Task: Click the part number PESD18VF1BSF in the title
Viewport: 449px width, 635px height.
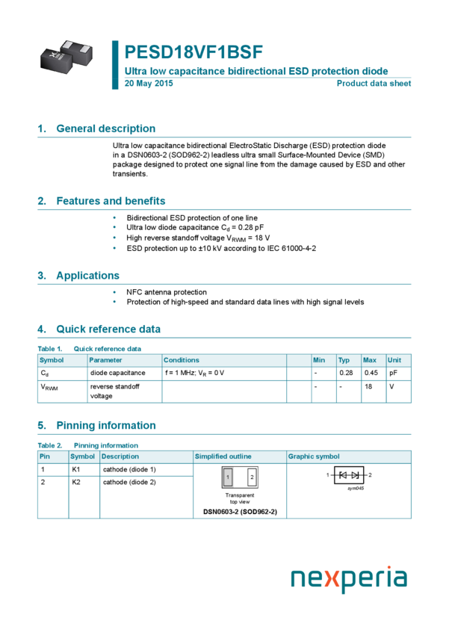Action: pyautogui.click(x=193, y=52)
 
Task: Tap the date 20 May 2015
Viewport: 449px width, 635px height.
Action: pyautogui.click(x=149, y=84)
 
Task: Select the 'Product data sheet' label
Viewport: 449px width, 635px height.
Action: pyautogui.click(x=374, y=84)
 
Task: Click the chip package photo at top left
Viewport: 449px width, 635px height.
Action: pyautogui.click(x=66, y=57)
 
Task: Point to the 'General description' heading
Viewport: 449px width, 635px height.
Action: pyautogui.click(x=105, y=128)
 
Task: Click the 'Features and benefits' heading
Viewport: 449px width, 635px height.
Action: pyautogui.click(x=111, y=201)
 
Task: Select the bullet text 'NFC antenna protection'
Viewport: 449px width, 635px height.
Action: pyautogui.click(x=167, y=292)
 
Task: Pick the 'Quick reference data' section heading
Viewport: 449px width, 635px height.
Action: pyautogui.click(x=108, y=329)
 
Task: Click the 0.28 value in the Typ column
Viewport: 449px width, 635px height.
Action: pyautogui.click(x=346, y=373)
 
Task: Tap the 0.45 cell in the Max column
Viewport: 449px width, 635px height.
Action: pyautogui.click(x=371, y=373)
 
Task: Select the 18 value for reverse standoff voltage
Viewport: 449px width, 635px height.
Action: pyautogui.click(x=368, y=387)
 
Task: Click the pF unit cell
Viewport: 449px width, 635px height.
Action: pyautogui.click(x=393, y=373)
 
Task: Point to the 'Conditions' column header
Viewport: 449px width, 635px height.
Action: pyautogui.click(x=182, y=360)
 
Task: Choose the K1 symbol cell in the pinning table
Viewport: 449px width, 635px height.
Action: pyautogui.click(x=75, y=470)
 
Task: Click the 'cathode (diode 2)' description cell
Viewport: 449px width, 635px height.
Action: pyautogui.click(x=129, y=483)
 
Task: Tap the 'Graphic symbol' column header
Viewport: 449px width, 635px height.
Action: pyautogui.click(x=314, y=456)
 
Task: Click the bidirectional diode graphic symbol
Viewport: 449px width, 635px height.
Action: pyautogui.click(x=349, y=475)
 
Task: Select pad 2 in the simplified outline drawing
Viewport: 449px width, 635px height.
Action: pyautogui.click(x=252, y=477)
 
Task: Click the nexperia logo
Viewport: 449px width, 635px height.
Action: pyautogui.click(x=348, y=579)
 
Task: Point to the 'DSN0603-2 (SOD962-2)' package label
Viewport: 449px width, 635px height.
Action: pyautogui.click(x=240, y=512)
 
